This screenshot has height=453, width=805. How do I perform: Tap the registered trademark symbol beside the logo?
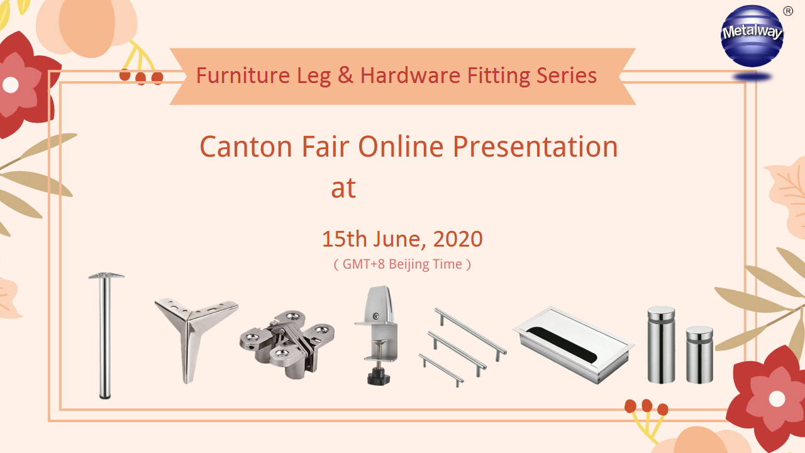pyautogui.click(x=788, y=11)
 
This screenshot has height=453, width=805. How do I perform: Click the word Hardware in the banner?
pyautogui.click(x=410, y=75)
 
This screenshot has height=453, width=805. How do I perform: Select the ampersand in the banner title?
pyautogui.click(x=345, y=75)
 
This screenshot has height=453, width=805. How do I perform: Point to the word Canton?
pyautogui.click(x=246, y=147)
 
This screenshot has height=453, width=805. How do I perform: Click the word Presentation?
pyautogui.click(x=535, y=147)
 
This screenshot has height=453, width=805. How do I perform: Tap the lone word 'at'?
pyautogui.click(x=343, y=188)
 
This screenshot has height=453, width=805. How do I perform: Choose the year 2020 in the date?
pyautogui.click(x=458, y=239)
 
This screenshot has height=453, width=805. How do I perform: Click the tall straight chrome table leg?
pyautogui.click(x=106, y=336)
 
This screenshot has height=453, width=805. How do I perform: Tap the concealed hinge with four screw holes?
pyautogui.click(x=287, y=344)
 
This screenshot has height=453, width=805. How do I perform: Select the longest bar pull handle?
pyautogui.click(x=470, y=334)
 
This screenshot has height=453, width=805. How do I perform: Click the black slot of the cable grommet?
pyautogui.click(x=563, y=344)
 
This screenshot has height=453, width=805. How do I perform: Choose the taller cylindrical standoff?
pyautogui.click(x=661, y=344)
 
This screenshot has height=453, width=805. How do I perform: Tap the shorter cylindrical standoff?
pyautogui.click(x=699, y=355)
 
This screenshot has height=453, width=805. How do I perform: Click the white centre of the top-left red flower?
pyautogui.click(x=11, y=85)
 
